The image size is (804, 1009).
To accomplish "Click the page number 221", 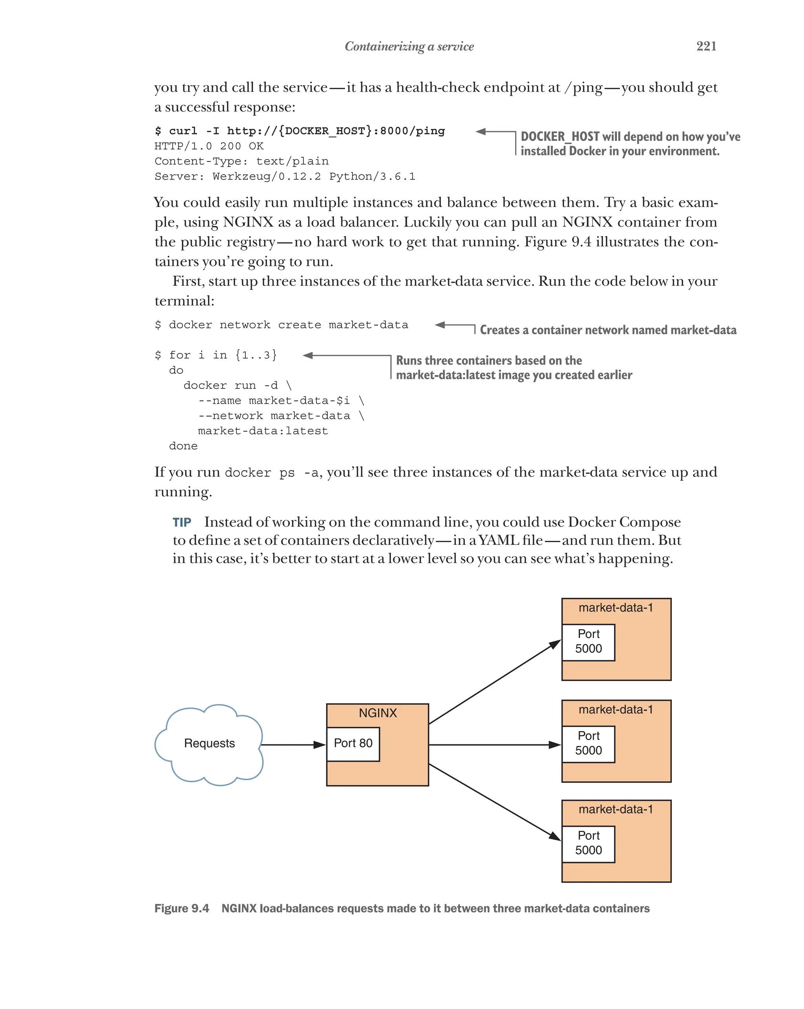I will [706, 46].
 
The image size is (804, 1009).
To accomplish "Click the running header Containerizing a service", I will [409, 46].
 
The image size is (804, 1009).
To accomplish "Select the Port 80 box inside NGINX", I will [353, 743].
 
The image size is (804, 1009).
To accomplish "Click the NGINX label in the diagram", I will [377, 713].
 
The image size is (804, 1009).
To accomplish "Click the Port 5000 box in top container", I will [588, 642].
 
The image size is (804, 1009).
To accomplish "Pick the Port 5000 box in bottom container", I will [588, 843].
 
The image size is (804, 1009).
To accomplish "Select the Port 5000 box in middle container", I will [588, 743].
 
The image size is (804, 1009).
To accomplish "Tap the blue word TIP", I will [181, 522].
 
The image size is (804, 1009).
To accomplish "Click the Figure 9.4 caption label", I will [181, 908].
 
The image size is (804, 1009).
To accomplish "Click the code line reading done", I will [183, 446].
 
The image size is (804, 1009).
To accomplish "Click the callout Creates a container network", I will [608, 330].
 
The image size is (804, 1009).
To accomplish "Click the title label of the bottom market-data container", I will [615, 809].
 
